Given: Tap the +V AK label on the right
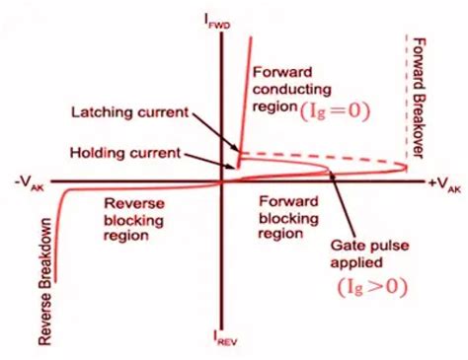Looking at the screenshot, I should coord(443,183).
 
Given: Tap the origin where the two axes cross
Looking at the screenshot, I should coord(221,182).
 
